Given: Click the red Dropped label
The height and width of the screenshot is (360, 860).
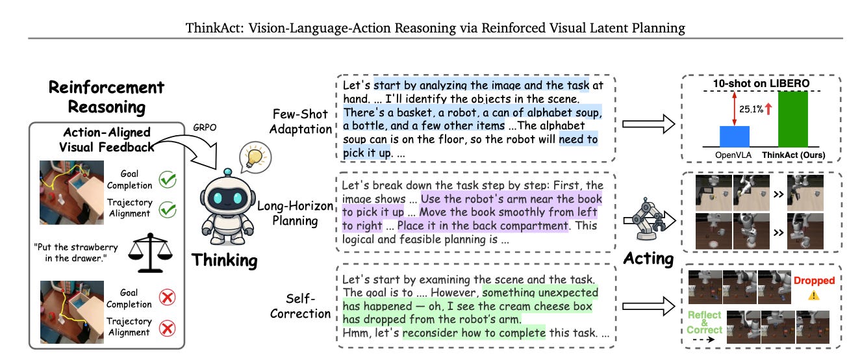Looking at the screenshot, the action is (x=814, y=280).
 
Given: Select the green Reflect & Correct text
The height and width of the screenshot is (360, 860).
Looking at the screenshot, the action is (x=704, y=322).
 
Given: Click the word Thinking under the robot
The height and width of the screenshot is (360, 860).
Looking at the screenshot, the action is (x=224, y=261).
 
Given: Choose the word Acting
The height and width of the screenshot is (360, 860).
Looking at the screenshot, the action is (x=648, y=258).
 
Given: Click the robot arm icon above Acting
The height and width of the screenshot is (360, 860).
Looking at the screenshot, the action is (x=645, y=218).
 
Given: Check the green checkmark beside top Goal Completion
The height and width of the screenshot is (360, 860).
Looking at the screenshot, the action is (x=168, y=180).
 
